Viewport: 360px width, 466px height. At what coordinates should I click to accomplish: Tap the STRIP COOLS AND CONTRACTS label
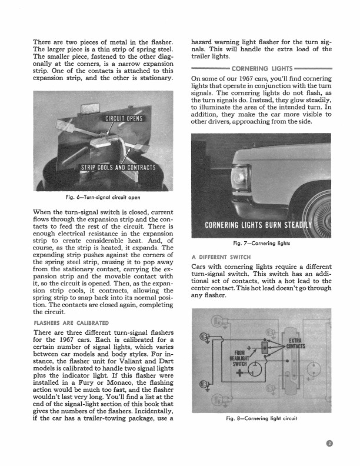click(118, 167)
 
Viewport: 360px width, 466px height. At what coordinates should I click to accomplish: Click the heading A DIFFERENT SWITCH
click(221, 257)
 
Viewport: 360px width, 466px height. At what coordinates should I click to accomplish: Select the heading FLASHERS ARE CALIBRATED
click(71, 322)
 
